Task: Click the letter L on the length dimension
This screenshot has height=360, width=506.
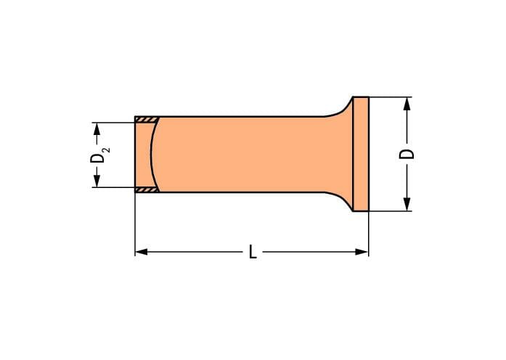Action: pyautogui.click(x=252, y=252)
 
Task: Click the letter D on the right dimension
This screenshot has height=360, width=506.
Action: pyautogui.click(x=408, y=153)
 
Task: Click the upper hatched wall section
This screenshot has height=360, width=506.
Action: pyautogui.click(x=147, y=118)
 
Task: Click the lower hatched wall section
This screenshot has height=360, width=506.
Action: pyautogui.click(x=147, y=190)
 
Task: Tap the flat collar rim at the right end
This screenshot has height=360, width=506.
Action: pyautogui.click(x=361, y=154)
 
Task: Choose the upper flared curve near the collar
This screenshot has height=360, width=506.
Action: pyautogui.click(x=338, y=110)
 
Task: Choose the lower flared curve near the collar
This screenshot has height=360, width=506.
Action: pyautogui.click(x=338, y=199)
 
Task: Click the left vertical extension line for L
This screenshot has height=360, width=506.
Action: pyautogui.click(x=136, y=225)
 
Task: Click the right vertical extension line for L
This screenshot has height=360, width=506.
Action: pyautogui.click(x=369, y=232)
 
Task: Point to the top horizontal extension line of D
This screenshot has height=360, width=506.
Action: pyautogui.click(x=392, y=97)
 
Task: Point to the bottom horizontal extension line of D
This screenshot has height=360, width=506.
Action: pyautogui.click(x=392, y=211)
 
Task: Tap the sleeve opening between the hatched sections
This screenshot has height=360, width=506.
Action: pyautogui.click(x=142, y=154)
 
